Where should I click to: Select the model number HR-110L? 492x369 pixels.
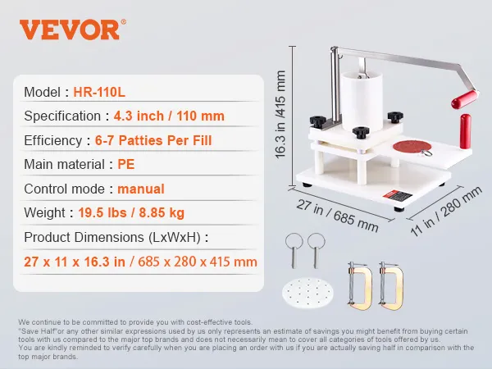tap(99, 92)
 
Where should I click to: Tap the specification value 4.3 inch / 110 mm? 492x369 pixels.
tap(169, 116)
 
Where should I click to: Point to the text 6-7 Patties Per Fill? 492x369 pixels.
tap(153, 140)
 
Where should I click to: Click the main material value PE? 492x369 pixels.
tap(126, 165)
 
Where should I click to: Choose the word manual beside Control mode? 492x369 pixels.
tap(141, 189)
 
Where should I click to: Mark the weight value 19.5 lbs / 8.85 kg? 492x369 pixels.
tap(131, 212)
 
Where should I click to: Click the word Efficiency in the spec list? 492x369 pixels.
tap(53, 140)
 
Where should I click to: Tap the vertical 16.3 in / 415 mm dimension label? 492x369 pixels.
tap(280, 115)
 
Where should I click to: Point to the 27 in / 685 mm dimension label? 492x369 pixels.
tap(337, 215)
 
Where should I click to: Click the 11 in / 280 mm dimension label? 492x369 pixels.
tap(446, 212)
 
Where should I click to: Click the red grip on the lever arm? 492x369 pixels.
tap(465, 99)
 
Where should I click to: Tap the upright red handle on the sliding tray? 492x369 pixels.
tap(465, 131)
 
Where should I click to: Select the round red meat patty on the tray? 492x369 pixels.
tap(412, 146)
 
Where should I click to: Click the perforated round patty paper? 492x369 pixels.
tap(307, 293)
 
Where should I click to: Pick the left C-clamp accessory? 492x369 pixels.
tap(359, 286)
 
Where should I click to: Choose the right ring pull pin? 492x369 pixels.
tap(317, 250)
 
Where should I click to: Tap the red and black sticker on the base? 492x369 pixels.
tap(397, 197)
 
